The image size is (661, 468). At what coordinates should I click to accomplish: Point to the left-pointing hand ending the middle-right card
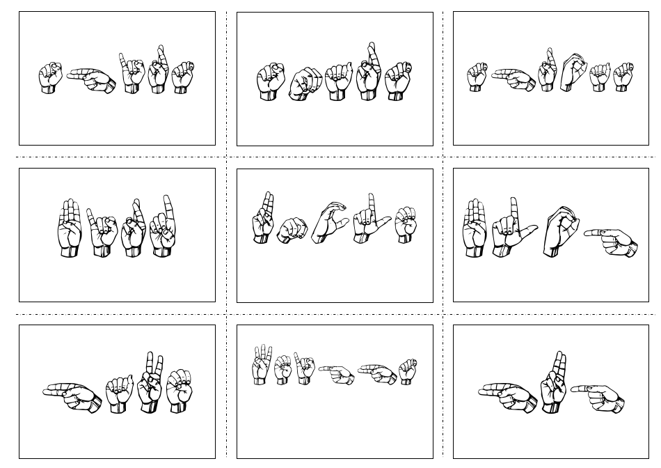point(612,240)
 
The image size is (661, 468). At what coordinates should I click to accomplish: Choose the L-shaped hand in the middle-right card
point(511,228)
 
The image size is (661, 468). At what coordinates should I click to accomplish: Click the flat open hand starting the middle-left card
point(69,229)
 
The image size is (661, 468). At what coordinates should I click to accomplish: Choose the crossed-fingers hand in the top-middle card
point(367,72)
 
